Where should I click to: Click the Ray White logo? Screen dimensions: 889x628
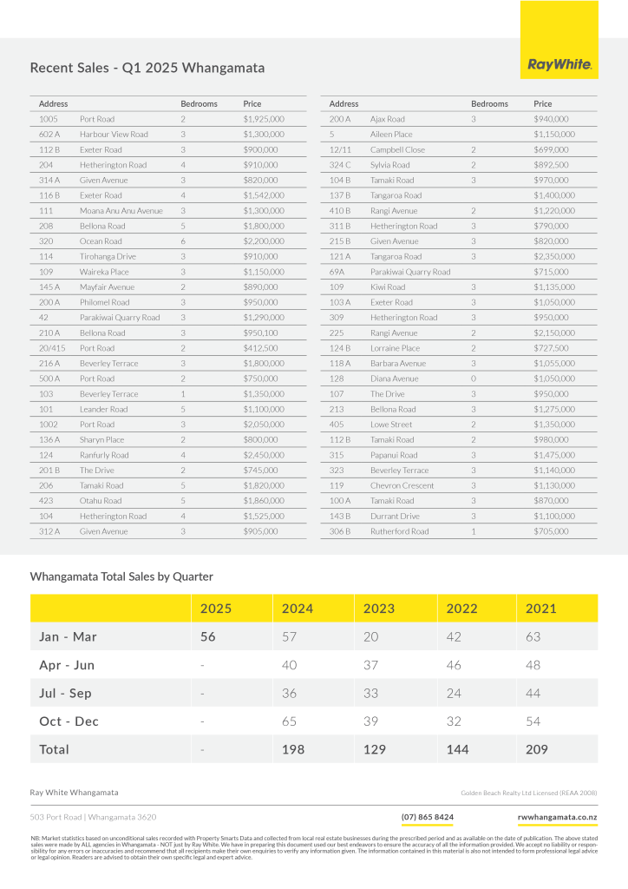click(559, 64)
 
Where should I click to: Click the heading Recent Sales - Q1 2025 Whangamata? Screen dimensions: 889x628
click(147, 68)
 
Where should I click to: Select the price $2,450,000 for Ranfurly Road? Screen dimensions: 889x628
click(264, 455)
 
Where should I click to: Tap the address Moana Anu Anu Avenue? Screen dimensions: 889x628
click(121, 211)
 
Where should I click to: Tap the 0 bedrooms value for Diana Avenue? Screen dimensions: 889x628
click(474, 379)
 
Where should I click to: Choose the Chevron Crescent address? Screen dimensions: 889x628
click(402, 485)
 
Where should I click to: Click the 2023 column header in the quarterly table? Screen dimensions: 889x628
click(379, 609)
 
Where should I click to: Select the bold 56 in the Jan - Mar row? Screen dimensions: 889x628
click(209, 637)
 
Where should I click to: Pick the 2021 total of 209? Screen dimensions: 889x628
click(541, 748)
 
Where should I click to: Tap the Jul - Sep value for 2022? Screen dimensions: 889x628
click(455, 693)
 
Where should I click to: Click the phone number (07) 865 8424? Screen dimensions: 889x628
click(427, 817)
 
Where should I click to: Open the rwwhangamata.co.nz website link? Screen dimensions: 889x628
click(556, 817)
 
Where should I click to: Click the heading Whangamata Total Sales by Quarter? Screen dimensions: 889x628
click(121, 576)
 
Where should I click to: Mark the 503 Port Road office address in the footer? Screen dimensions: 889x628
click(93, 817)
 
